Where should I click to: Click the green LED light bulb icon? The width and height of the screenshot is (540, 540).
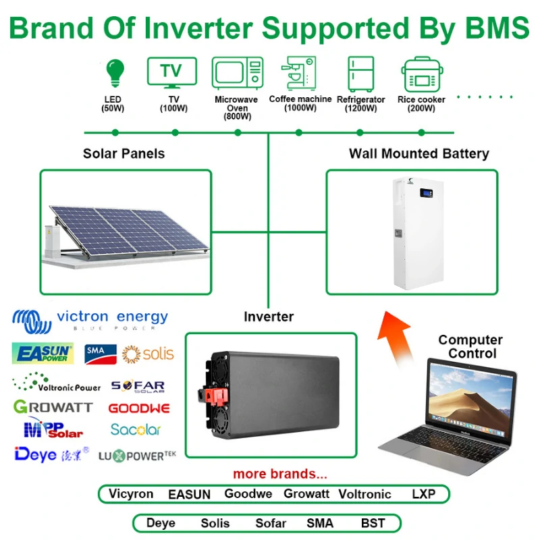pyautogui.click(x=115, y=72)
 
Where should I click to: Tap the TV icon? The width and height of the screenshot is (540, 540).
pyautogui.click(x=171, y=72)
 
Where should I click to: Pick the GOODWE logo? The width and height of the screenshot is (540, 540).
pyautogui.click(x=139, y=408)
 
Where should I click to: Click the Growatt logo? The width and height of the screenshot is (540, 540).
pyautogui.click(x=53, y=408)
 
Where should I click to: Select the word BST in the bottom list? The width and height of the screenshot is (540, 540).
pyautogui.click(x=373, y=523)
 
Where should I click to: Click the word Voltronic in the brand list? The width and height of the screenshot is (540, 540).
pyautogui.click(x=364, y=494)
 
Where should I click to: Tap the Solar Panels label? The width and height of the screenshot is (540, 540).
pyautogui.click(x=124, y=154)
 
